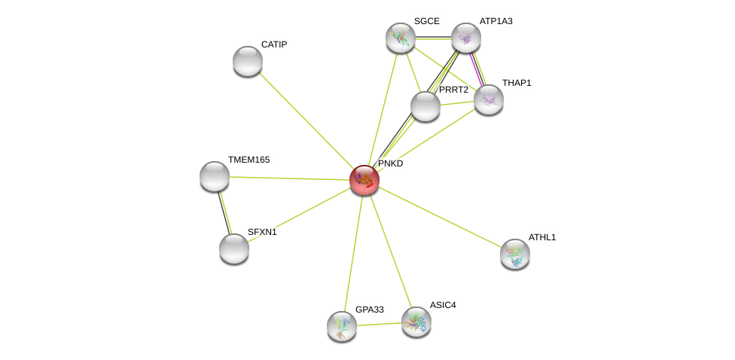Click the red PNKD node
pos(364,180)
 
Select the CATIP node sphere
pos(248,61)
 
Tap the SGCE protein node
pos(401,38)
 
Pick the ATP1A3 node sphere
pos(466,38)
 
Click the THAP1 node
pos(489,100)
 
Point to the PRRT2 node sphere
pos(425,106)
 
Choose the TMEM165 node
pos(214,176)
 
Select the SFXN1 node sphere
pos(234,249)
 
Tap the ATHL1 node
pos(515,254)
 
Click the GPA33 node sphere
pos(342,326)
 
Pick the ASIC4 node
pos(416,322)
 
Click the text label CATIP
pos(274,45)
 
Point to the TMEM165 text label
pos(249,160)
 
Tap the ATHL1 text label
pos(542,238)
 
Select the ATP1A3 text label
pos(496,21)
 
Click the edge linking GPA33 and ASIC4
pos(379,325)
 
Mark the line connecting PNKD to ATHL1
pos(440,217)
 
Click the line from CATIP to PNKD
pos(306,121)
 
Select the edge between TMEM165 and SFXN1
pos(224,212)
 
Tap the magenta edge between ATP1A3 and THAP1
pos(477,69)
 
